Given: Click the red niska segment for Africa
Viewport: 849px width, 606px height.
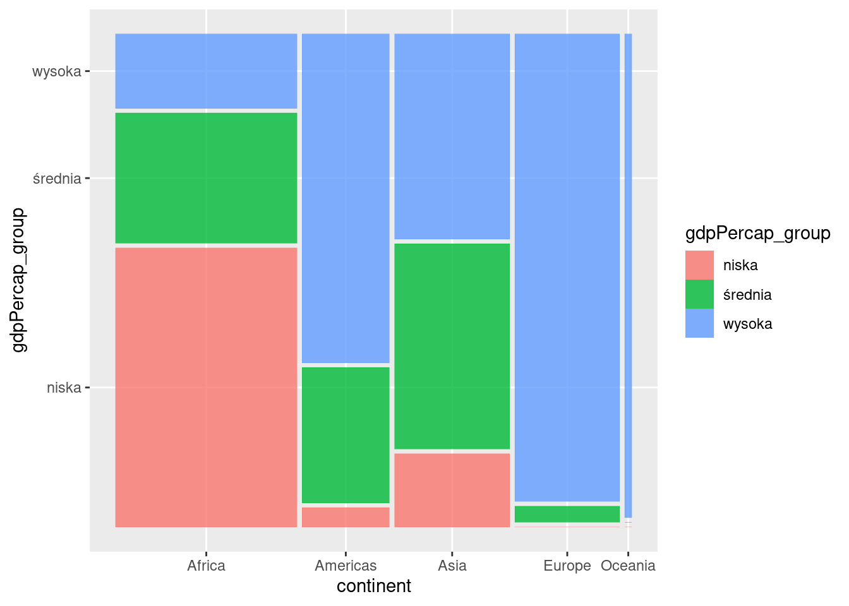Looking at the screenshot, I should pyautogui.click(x=206, y=387).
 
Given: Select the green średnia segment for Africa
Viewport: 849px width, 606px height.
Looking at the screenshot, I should pyautogui.click(x=206, y=177).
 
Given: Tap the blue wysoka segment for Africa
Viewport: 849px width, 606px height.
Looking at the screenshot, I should pyautogui.click(x=206, y=71).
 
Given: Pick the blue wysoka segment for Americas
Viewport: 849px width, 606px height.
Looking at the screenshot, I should pyautogui.click(x=346, y=198).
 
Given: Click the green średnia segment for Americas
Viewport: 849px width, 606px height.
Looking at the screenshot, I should pyautogui.click(x=346, y=435).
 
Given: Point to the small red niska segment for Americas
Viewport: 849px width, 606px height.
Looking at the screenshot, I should pyautogui.click(x=346, y=517).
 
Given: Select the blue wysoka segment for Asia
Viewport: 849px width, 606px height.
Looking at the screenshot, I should pyautogui.click(x=452, y=136).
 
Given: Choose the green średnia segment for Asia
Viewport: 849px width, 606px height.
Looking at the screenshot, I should pyautogui.click(x=452, y=346).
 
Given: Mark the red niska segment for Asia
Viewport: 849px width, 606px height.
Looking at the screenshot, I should pyautogui.click(x=452, y=490).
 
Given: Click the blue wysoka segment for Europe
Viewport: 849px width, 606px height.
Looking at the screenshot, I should pyautogui.click(x=567, y=267).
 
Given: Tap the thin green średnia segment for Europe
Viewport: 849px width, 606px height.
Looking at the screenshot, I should pyautogui.click(x=567, y=514).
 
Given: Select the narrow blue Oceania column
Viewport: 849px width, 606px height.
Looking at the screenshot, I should pyautogui.click(x=628, y=275).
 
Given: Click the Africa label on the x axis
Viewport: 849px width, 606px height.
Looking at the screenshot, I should pyautogui.click(x=206, y=566).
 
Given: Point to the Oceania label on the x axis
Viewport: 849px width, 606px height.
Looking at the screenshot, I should pyautogui.click(x=628, y=566).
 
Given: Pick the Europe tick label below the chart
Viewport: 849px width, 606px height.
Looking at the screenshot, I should pyautogui.click(x=567, y=566).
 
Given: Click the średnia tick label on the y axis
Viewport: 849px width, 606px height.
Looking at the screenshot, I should pyautogui.click(x=57, y=179).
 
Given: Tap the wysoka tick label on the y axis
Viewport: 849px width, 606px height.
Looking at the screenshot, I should pyautogui.click(x=57, y=71).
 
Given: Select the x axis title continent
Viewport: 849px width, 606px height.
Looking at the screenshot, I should pyautogui.click(x=373, y=586).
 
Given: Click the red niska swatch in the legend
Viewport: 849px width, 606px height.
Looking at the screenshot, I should pyautogui.click(x=699, y=265).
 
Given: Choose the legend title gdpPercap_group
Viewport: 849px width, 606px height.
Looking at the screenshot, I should pyautogui.click(x=757, y=234).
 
